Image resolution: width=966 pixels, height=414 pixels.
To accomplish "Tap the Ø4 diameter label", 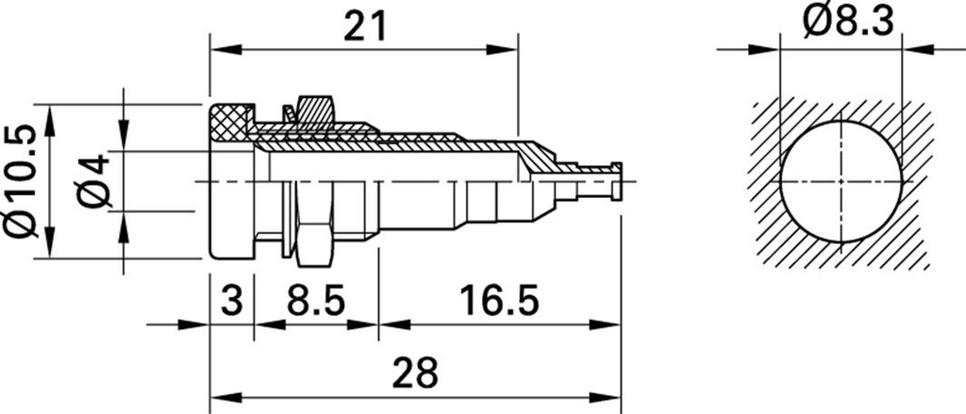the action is click(x=93, y=182).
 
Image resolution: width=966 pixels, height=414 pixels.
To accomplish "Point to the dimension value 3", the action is click(x=231, y=302).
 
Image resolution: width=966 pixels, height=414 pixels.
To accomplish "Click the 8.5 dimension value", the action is click(x=316, y=302).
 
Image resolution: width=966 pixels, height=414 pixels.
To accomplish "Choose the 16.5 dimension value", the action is click(x=499, y=302).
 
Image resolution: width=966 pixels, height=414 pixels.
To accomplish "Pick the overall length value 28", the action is click(x=416, y=373).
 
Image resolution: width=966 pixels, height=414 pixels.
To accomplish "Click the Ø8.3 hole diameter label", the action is click(x=848, y=25).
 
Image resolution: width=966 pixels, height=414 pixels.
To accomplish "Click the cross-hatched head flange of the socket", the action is click(x=232, y=123).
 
